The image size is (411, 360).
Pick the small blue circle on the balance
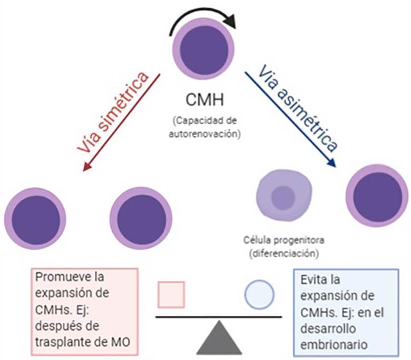pos(259,294)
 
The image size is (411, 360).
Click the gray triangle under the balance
pos(218,337)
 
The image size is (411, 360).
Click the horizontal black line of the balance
pos(218,317)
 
